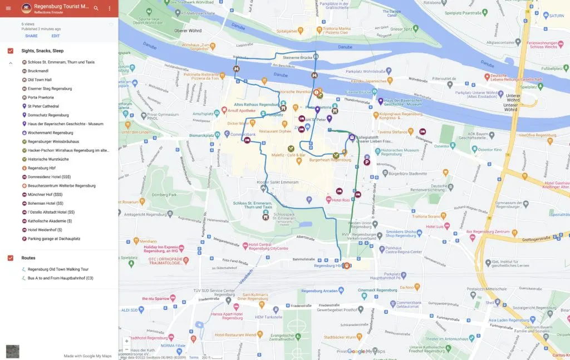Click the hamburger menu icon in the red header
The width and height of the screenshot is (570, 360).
coord(8,8)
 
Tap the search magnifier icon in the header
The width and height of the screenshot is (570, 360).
coord(96,8)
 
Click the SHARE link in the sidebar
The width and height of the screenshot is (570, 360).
coord(31,36)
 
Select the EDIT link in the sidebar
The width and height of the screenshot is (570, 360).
coord(56,36)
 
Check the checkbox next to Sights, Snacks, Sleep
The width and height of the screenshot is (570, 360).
coord(11,51)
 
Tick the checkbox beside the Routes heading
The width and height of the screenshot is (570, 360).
coord(11,258)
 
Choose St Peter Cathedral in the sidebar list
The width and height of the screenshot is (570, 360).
coord(43,106)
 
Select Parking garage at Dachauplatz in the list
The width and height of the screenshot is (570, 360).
coord(55,239)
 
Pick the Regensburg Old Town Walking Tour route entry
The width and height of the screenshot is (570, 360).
coord(58,269)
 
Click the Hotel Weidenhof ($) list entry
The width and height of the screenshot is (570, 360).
coord(45,230)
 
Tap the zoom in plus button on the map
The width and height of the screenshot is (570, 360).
coord(126,341)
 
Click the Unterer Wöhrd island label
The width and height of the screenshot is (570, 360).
coord(510,101)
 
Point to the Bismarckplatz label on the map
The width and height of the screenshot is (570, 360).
coord(203,135)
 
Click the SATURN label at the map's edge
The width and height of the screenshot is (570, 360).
coord(558,15)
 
